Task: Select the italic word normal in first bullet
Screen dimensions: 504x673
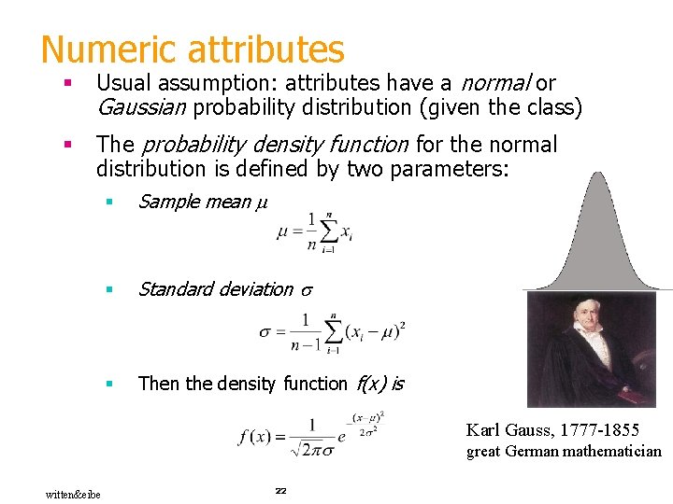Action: [500, 83]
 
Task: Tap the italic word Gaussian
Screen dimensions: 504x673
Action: [141, 107]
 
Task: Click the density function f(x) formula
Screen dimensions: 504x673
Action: [314, 435]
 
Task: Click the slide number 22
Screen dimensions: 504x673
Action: [279, 490]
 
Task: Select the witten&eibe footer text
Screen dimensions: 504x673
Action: [72, 493]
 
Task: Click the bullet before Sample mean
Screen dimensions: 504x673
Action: [109, 202]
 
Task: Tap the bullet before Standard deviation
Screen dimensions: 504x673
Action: [109, 289]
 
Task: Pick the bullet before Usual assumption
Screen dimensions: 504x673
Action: [67, 84]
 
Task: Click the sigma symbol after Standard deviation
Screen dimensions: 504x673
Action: [306, 290]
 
